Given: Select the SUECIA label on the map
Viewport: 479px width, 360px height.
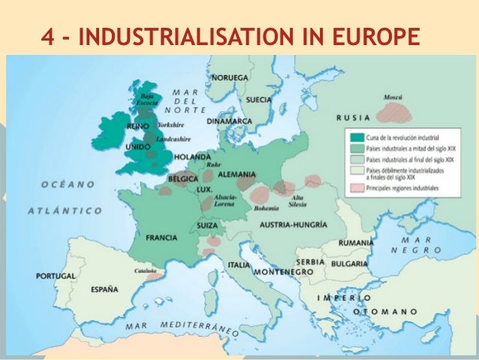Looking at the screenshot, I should click(x=258, y=98).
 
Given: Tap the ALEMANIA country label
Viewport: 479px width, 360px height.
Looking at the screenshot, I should click(x=236, y=174).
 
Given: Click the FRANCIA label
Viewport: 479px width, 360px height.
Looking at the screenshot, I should click(x=161, y=237).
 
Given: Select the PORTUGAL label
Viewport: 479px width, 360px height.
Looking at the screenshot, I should click(x=54, y=277).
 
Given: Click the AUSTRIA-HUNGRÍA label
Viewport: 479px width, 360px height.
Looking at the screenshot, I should click(x=293, y=225).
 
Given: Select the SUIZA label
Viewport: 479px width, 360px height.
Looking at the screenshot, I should click(x=207, y=225).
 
